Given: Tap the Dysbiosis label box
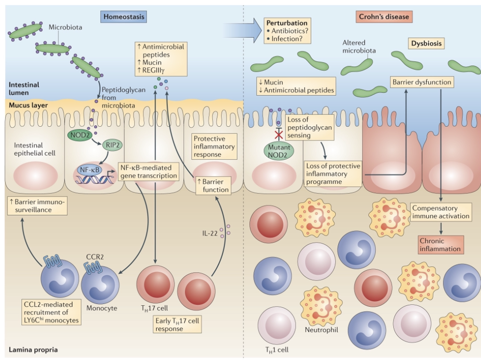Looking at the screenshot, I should pos(426,44).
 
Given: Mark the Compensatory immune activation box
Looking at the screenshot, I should pos(440,212).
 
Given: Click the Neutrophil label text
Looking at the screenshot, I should pos(322,329).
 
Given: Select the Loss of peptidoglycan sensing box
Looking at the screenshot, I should pos(310,127).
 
